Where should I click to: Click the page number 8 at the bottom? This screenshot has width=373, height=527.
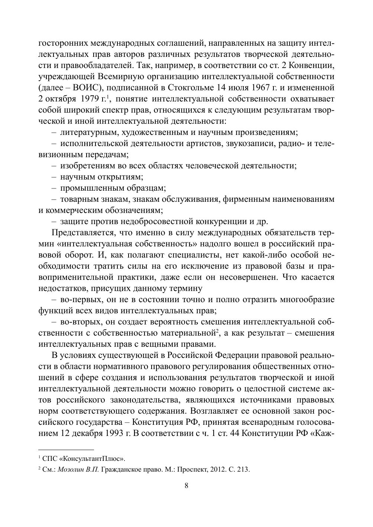point(186,486)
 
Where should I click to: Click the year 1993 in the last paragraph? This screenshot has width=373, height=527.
point(111,433)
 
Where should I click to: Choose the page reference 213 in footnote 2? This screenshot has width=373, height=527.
point(242,469)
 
